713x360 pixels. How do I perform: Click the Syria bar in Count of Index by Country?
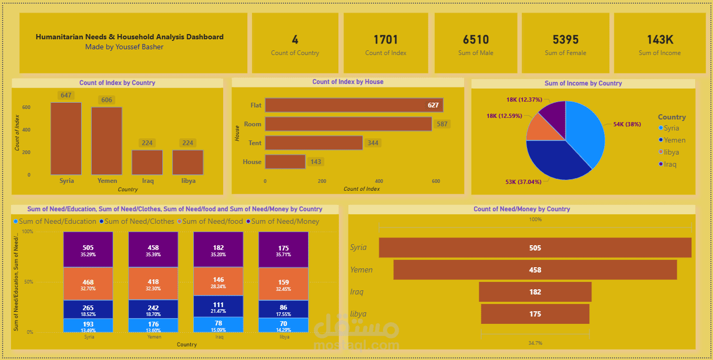66,138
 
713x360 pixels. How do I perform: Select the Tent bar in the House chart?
313,143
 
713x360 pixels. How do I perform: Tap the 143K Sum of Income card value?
660,40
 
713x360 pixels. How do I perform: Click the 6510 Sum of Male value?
476,40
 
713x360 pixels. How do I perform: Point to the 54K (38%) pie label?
627,124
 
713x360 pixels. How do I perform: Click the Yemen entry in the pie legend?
674,140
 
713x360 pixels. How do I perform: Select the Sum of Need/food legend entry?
212,222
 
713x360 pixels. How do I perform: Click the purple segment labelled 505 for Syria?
88,249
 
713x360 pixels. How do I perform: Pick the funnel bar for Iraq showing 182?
535,292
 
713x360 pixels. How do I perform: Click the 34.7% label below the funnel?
535,343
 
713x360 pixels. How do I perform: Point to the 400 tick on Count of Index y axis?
26,130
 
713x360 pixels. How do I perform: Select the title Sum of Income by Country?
583,83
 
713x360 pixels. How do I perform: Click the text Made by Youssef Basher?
124,47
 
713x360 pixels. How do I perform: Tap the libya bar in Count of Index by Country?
188,162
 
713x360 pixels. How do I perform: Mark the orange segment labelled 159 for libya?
283,285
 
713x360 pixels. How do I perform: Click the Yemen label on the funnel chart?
361,270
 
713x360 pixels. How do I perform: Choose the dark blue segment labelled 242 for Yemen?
153,309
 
